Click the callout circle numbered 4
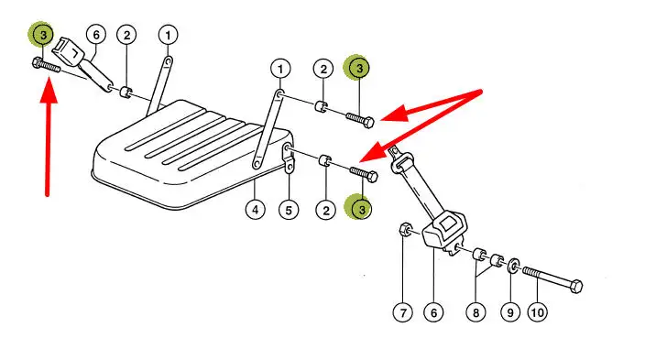[x=255, y=210]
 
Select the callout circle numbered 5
[x=289, y=211]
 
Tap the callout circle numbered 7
[x=403, y=312]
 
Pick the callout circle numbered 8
[x=476, y=312]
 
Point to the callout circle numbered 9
[x=510, y=312]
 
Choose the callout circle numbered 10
[x=538, y=312]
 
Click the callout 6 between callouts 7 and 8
[x=433, y=312]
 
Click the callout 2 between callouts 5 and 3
[x=326, y=211]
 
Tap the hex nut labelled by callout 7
[x=406, y=230]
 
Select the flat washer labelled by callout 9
[x=513, y=266]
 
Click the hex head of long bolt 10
[x=575, y=286]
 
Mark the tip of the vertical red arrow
[x=49, y=81]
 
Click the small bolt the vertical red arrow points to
[x=46, y=66]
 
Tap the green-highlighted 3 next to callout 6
[x=43, y=35]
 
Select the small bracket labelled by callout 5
[x=289, y=158]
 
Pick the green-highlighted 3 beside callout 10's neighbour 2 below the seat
[x=361, y=209]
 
